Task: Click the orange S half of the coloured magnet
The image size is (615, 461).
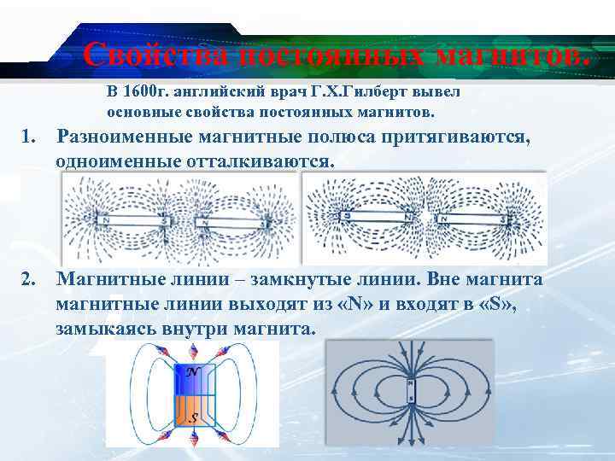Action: click(193, 413)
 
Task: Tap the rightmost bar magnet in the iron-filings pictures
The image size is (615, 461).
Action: click(471, 218)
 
